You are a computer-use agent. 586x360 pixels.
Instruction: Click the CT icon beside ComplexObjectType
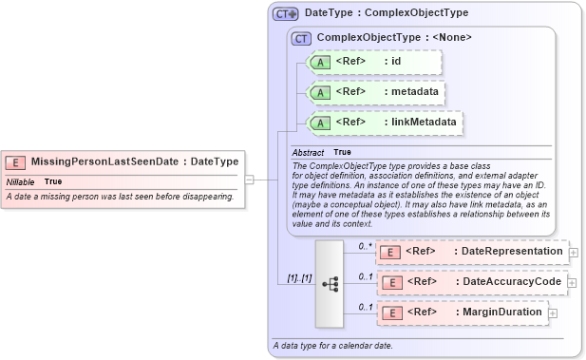pyautogui.click(x=302, y=38)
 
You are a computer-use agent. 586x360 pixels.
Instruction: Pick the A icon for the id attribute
pyautogui.click(x=320, y=63)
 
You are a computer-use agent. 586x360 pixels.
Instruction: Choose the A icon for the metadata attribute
pyautogui.click(x=320, y=92)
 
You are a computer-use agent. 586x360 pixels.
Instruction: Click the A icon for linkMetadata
pyautogui.click(x=320, y=123)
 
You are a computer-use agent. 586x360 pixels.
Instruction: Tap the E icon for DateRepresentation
pyautogui.click(x=389, y=252)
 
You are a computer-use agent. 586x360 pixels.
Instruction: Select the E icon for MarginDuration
pyautogui.click(x=389, y=313)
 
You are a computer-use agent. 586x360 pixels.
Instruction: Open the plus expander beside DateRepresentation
pyautogui.click(x=574, y=252)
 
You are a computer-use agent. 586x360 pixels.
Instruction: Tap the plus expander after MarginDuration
pyautogui.click(x=553, y=313)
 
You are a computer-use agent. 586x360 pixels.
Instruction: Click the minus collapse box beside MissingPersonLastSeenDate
pyautogui.click(x=249, y=178)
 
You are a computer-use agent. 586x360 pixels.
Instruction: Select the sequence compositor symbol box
pyautogui.click(x=329, y=282)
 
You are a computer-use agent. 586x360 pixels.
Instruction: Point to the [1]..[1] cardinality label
pyautogui.click(x=299, y=278)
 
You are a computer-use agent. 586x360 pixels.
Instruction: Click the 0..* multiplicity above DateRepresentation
pyautogui.click(x=364, y=246)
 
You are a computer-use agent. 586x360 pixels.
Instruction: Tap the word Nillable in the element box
pyautogui.click(x=20, y=181)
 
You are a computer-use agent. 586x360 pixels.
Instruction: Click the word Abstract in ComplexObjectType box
pyautogui.click(x=308, y=153)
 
